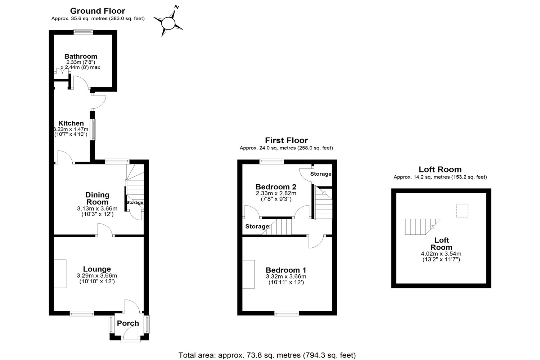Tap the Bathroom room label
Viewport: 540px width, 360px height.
click(x=81, y=57)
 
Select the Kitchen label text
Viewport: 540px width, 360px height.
click(x=71, y=123)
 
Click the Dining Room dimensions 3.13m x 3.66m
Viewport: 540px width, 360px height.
click(x=97, y=208)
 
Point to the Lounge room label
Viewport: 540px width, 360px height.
click(x=97, y=269)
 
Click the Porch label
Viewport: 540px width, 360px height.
click(x=128, y=323)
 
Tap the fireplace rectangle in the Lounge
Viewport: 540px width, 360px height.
click(x=60, y=274)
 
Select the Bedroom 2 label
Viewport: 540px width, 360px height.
click(x=276, y=187)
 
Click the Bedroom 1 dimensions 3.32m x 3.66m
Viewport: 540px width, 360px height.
click(x=286, y=276)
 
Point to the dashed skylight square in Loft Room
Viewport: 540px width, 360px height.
click(x=462, y=211)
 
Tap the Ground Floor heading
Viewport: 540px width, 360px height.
click(x=98, y=11)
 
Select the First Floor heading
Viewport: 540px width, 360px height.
click(x=286, y=140)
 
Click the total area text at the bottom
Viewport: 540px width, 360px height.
click(x=267, y=355)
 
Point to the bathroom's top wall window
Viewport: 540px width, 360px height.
click(x=83, y=32)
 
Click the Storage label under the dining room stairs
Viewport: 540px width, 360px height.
click(x=135, y=203)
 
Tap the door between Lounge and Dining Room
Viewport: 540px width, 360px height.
click(x=105, y=230)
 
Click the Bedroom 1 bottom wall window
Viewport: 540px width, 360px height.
click(x=287, y=314)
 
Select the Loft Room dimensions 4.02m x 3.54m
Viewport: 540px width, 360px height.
click(x=441, y=254)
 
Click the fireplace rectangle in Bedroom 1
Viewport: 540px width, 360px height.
click(x=248, y=274)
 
